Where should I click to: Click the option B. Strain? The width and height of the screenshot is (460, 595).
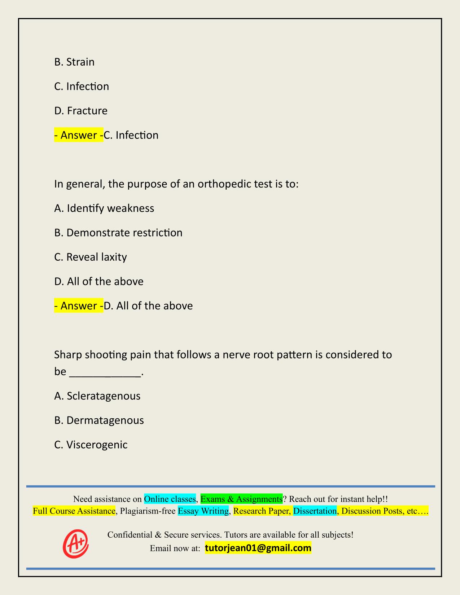(74, 62)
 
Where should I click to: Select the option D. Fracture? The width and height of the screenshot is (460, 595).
(81, 111)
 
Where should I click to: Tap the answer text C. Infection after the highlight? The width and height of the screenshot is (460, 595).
(131, 135)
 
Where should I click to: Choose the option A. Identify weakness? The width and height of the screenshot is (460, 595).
(104, 208)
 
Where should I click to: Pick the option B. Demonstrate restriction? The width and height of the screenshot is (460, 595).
(118, 233)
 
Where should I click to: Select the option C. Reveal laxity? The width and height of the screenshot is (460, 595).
(91, 257)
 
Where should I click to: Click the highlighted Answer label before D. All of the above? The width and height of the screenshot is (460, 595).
(79, 306)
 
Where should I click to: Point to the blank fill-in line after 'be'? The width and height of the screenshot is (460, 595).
(105, 372)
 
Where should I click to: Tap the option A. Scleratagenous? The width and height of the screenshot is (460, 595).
(97, 396)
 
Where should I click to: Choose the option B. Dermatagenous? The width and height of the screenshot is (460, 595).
(99, 420)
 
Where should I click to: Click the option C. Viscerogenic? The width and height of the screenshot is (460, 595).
(91, 445)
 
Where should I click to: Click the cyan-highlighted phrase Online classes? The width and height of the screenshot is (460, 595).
(170, 499)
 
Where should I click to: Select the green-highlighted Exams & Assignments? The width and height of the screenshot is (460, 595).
(241, 499)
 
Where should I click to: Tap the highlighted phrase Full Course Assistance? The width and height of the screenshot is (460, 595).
(74, 511)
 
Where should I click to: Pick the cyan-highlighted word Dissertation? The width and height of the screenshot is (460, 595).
(315, 511)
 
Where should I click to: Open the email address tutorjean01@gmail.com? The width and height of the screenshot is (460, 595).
(258, 548)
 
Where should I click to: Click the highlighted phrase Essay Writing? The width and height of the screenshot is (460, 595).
(203, 511)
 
